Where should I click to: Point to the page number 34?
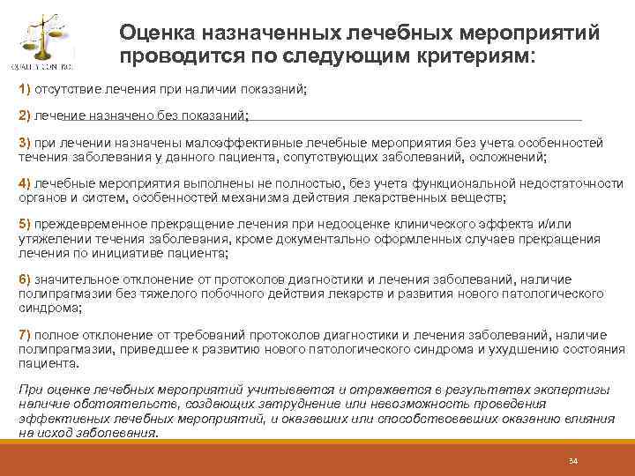coord(572,460)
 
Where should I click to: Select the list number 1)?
coord(25,90)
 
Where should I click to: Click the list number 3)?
coord(25,143)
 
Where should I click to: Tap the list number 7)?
coord(25,336)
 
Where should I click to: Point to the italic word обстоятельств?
coord(109,405)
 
